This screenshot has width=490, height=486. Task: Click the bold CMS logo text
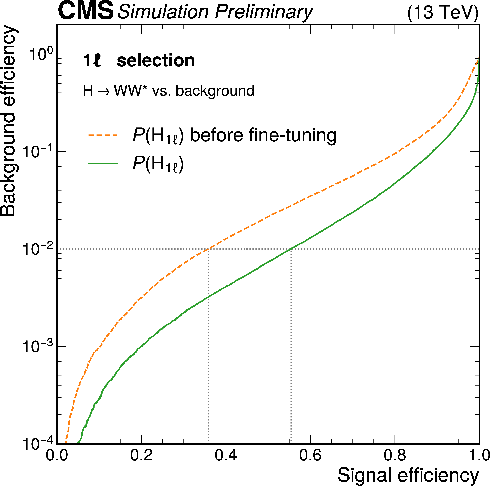(x=86, y=11)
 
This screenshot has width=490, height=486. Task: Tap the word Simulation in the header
(x=163, y=12)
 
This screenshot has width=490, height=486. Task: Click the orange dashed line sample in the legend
(x=103, y=135)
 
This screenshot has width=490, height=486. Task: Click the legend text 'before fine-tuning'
(x=263, y=135)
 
